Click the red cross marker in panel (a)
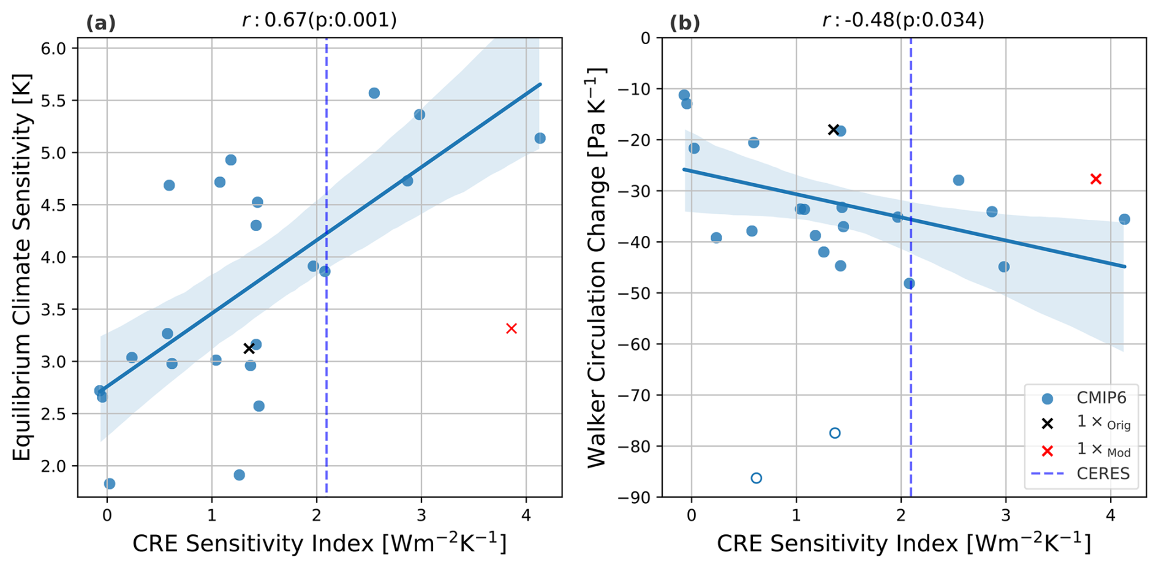coord(512,328)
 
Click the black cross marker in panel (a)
coord(249,348)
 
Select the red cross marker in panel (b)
coord(1096,179)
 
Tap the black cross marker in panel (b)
coord(833,129)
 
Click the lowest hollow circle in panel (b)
coord(756,478)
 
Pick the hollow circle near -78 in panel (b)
coord(834,433)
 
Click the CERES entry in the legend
coord(1103,474)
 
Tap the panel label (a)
coord(100,23)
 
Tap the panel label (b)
coord(684,23)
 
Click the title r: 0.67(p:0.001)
coord(319,20)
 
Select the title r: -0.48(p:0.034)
coord(903,20)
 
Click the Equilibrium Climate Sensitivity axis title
coord(21,267)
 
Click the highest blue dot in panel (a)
coord(374,93)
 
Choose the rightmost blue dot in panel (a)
coord(540,138)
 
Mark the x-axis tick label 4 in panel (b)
coord(1111,517)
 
